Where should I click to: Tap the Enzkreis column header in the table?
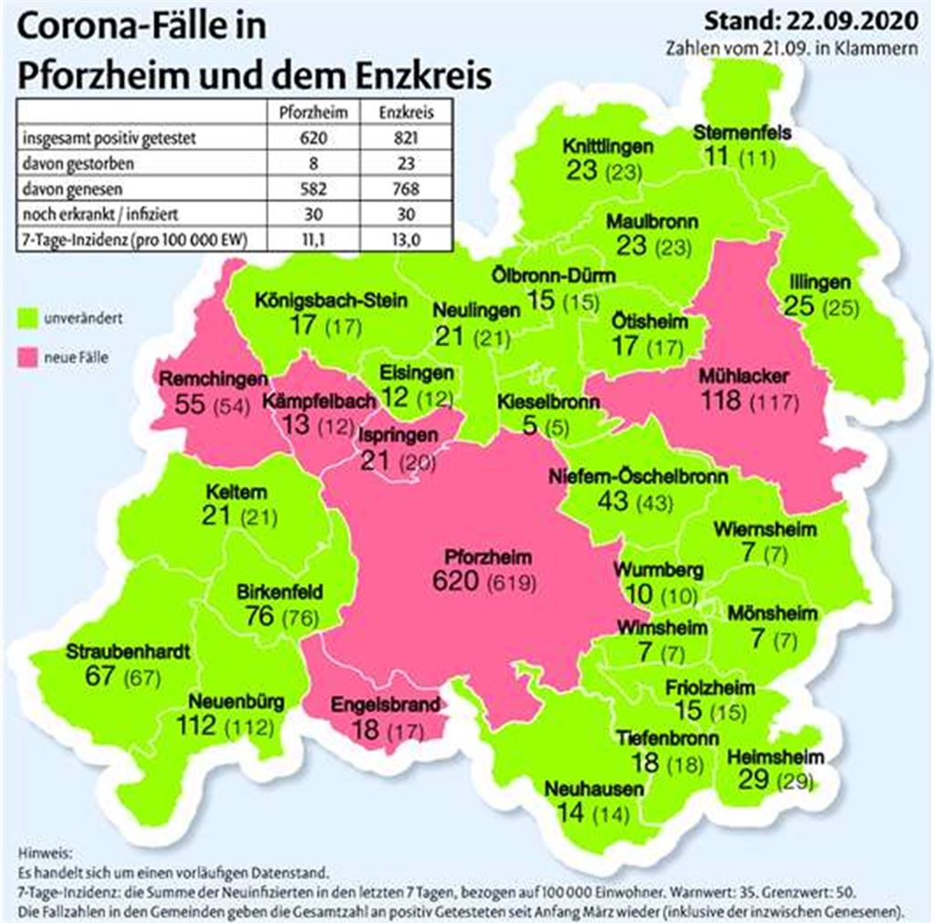point(401,114)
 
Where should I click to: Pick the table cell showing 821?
point(401,140)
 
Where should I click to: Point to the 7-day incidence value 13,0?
point(401,241)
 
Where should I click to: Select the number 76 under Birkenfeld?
point(260,616)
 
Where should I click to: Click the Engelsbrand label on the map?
point(385,704)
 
